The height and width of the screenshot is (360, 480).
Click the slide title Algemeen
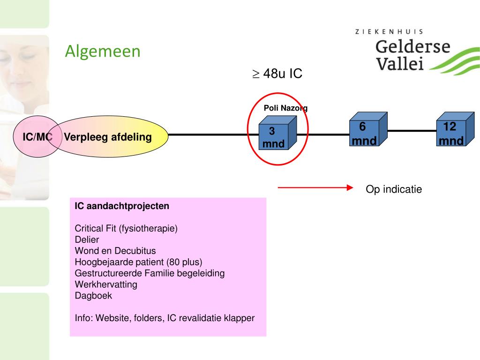tap(103, 51)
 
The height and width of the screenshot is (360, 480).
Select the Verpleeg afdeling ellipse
tap(112, 137)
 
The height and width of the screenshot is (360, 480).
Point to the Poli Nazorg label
tap(285, 108)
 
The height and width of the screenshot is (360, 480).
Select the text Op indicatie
tap(394, 189)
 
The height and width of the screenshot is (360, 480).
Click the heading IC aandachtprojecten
tap(122, 206)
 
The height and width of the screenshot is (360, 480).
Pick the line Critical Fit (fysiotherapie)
tap(126, 229)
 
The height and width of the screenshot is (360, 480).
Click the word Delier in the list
tap(87, 240)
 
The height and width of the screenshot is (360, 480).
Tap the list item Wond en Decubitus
tap(115, 251)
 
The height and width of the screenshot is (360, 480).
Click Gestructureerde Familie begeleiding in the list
tap(150, 273)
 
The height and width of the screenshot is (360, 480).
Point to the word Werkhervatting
tap(106, 285)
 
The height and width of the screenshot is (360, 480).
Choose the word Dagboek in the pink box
tap(93, 296)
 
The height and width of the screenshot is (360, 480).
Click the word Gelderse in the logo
tap(412, 47)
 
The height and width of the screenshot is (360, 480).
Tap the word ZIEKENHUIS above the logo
tap(389, 32)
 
